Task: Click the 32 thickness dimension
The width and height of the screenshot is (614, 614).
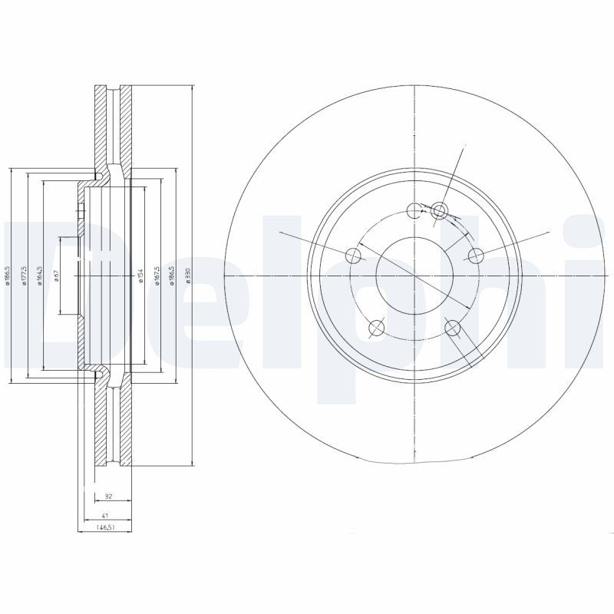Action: coord(108,497)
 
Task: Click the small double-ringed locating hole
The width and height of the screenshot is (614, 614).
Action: coord(439,210)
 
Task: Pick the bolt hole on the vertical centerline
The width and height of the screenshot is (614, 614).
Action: coord(414,210)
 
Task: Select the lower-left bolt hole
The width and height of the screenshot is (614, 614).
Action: coord(376,328)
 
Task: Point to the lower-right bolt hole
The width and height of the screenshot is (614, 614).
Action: coord(452,328)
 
